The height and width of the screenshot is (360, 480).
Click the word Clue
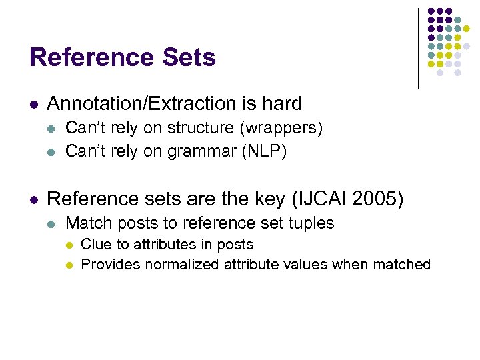click(95, 245)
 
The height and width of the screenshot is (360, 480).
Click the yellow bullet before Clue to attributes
click(69, 245)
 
